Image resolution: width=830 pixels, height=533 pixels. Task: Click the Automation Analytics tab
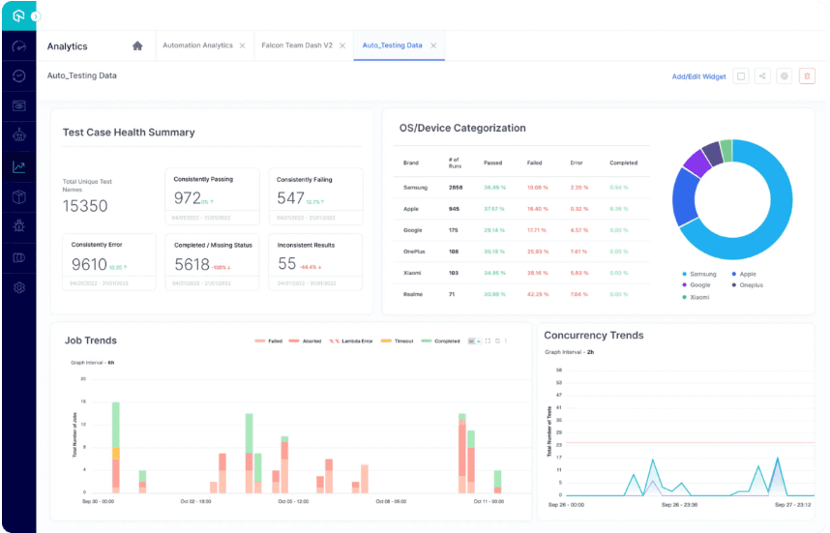(x=197, y=45)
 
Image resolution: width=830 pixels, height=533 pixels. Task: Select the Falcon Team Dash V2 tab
(x=297, y=45)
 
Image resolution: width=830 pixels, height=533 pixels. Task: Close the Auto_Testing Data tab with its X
(x=433, y=45)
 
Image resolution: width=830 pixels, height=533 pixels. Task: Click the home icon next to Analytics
(x=137, y=45)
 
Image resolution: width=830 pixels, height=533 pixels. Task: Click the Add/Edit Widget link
(x=698, y=76)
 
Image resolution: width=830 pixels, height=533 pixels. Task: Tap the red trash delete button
(x=807, y=76)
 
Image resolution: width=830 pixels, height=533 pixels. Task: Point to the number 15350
(x=85, y=206)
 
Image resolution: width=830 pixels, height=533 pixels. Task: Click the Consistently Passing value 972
(x=187, y=198)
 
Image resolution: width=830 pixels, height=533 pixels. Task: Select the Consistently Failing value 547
(x=290, y=198)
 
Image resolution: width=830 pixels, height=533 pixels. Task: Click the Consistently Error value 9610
(x=89, y=264)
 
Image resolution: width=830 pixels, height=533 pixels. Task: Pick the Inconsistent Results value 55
(x=286, y=264)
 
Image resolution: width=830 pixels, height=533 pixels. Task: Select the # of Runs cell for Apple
(x=454, y=208)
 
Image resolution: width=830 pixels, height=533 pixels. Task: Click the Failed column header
(x=534, y=163)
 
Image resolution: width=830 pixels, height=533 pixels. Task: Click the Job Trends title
(x=91, y=341)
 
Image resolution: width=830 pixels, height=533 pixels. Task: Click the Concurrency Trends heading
(x=593, y=336)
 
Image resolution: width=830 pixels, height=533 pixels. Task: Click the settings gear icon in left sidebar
(x=18, y=287)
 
